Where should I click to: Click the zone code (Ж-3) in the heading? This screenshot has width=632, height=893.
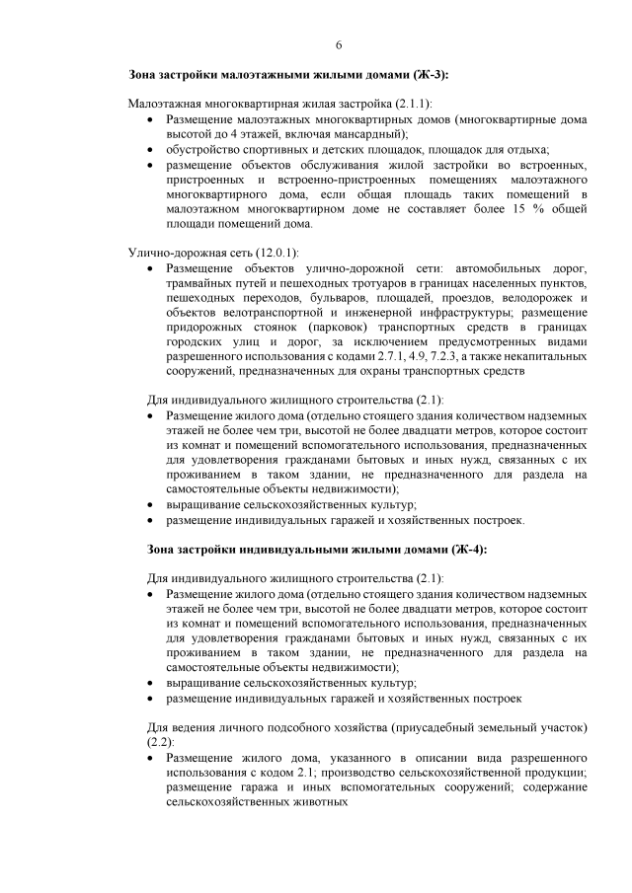coord(428,75)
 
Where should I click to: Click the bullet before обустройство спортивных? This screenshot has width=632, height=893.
coord(149,150)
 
